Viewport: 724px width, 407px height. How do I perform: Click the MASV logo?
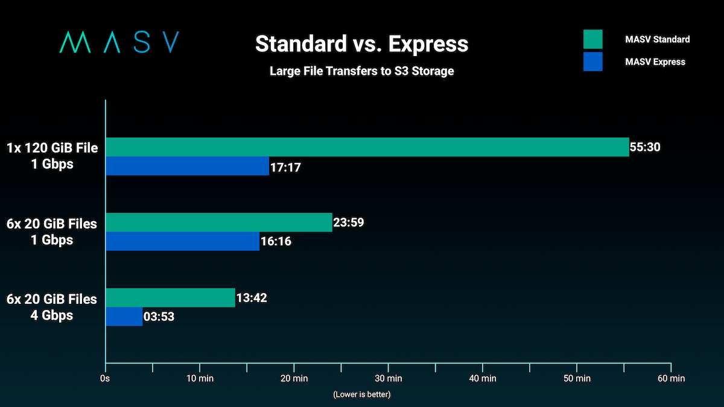tap(119, 42)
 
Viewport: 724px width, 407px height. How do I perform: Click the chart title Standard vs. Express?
tap(361, 43)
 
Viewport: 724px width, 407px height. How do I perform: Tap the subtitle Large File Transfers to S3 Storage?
tap(361, 71)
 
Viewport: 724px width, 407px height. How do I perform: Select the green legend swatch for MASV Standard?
tap(593, 39)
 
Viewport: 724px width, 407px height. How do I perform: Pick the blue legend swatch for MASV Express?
tap(593, 62)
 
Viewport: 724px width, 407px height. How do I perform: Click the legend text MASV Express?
tap(655, 62)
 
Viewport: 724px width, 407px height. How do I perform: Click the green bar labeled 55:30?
tap(367, 147)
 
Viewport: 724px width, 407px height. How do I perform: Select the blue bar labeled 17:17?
tap(187, 166)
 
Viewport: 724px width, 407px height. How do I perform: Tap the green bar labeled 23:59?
tap(218, 222)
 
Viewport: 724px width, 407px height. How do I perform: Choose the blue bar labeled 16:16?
tap(182, 241)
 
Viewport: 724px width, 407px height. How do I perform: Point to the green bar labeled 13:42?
tap(170, 298)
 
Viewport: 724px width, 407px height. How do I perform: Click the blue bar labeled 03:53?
tap(124, 317)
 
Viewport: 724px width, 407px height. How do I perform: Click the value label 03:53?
tap(159, 317)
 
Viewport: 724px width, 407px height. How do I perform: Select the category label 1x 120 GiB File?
tap(52, 148)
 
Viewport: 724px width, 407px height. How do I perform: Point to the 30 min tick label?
tap(388, 379)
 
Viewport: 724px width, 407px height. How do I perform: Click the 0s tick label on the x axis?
tap(105, 379)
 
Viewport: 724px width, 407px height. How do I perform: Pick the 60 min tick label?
tap(670, 379)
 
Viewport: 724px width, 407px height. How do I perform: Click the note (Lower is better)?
tap(361, 394)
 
